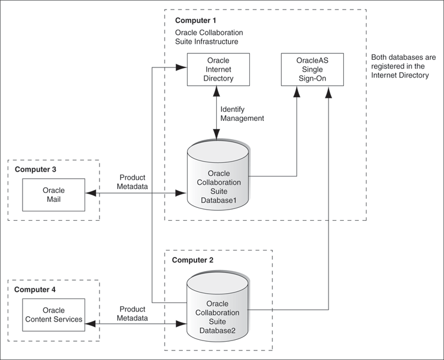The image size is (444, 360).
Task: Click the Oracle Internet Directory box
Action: coord(218,69)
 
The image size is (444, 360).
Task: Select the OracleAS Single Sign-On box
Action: coord(306,69)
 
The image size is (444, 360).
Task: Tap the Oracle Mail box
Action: coord(53,194)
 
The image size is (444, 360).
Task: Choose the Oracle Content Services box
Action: coord(53,315)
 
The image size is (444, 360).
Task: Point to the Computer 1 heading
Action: coord(195,21)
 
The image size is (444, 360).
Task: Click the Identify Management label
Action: coord(242,114)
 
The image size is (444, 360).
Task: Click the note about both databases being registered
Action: coord(401,66)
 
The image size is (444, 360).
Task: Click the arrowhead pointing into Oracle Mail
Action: coord(89,193)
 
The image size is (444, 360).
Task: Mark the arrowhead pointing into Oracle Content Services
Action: coord(89,323)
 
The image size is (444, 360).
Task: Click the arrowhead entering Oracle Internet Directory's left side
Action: coord(183,68)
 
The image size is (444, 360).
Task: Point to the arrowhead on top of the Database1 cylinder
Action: coord(217,138)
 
